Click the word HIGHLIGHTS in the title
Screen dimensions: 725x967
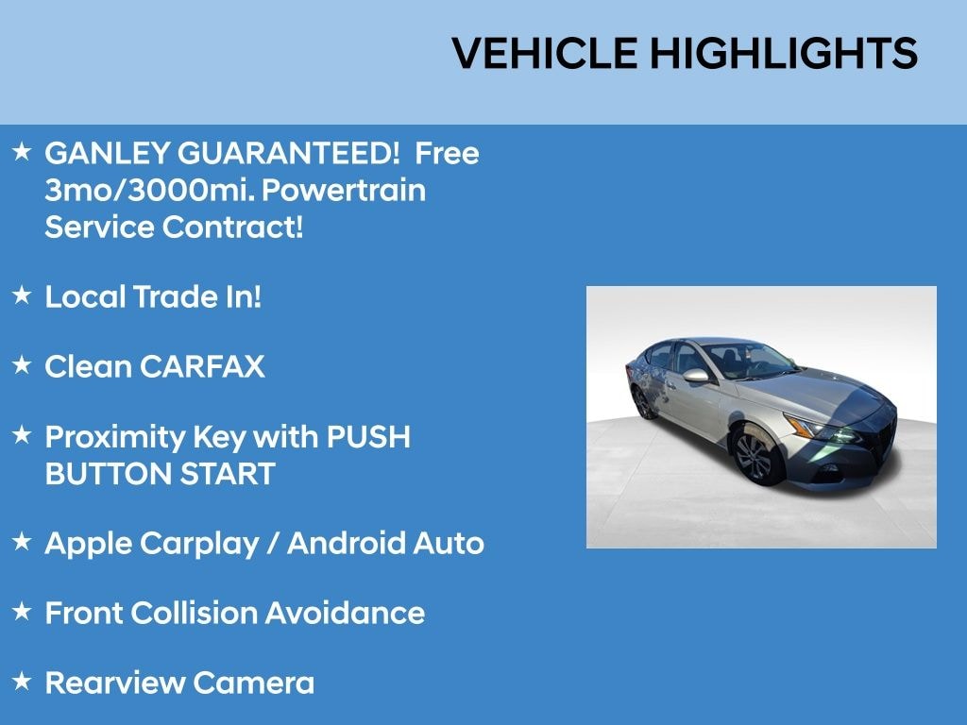coord(783,54)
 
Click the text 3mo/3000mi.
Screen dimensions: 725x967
coord(148,191)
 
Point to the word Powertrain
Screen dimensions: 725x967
coord(343,191)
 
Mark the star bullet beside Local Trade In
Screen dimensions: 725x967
coord(23,295)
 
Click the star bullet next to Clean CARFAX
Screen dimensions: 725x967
coord(23,365)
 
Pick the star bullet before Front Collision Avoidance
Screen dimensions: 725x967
coord(23,612)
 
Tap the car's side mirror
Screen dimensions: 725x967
coord(696,376)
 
